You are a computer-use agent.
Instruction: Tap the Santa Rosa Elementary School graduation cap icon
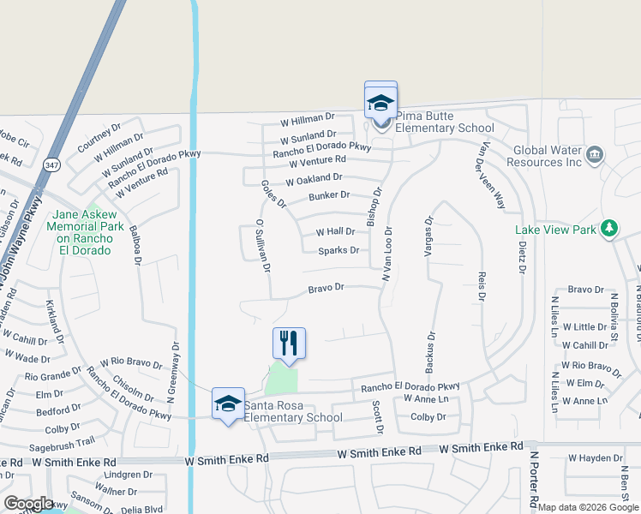228,403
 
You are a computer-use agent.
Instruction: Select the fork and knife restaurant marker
289,343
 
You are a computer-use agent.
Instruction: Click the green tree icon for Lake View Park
609,228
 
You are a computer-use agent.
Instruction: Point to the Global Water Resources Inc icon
596,155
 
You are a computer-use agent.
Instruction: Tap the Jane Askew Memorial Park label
82,232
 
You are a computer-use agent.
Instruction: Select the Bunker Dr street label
329,196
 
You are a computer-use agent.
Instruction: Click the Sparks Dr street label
338,250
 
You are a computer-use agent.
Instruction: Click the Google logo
28,504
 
